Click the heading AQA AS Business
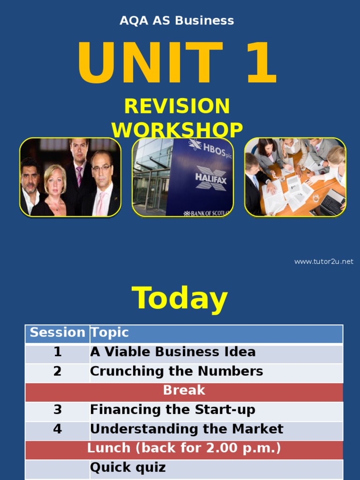[177, 21]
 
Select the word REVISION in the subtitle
[177, 106]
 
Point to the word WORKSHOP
[177, 130]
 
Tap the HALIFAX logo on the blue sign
[211, 179]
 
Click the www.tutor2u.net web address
[323, 262]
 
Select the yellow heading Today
[180, 299]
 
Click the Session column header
[57, 333]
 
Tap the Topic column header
[110, 333]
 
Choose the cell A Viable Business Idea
[172, 352]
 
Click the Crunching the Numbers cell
[176, 371]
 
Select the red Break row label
[184, 390]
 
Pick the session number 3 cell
[57, 410]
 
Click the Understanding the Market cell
[187, 429]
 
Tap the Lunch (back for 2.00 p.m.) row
[184, 449]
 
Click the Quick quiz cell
[127, 468]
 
